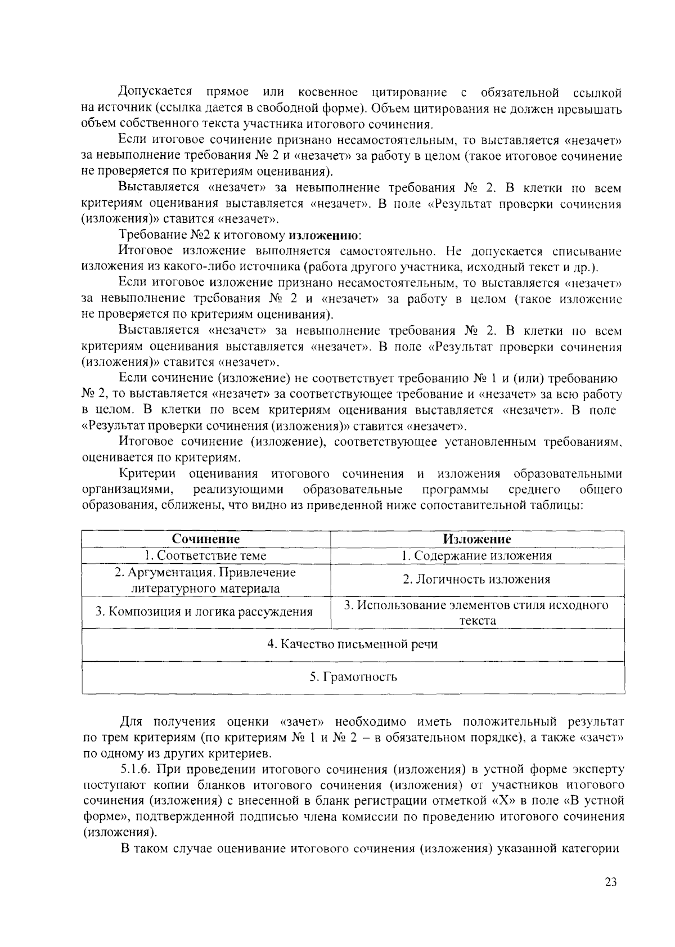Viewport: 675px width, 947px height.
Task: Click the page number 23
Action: [611, 882]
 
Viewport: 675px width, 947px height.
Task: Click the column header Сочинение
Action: [206, 539]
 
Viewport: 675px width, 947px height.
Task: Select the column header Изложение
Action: [477, 539]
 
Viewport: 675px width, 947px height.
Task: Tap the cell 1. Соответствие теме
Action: [206, 555]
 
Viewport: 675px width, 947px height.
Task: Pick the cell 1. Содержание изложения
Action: [477, 555]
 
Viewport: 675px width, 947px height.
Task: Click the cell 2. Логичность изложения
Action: [477, 580]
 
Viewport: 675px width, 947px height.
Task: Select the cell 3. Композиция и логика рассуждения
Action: [204, 612]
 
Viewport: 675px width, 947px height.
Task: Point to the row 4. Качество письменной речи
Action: [353, 644]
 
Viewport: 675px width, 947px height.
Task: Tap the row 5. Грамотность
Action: [353, 676]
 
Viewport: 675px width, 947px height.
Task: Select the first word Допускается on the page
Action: [155, 92]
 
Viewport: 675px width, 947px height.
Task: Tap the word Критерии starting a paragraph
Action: [147, 474]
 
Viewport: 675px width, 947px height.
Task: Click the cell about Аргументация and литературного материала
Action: [206, 580]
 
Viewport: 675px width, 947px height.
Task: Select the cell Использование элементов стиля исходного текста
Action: [477, 612]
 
